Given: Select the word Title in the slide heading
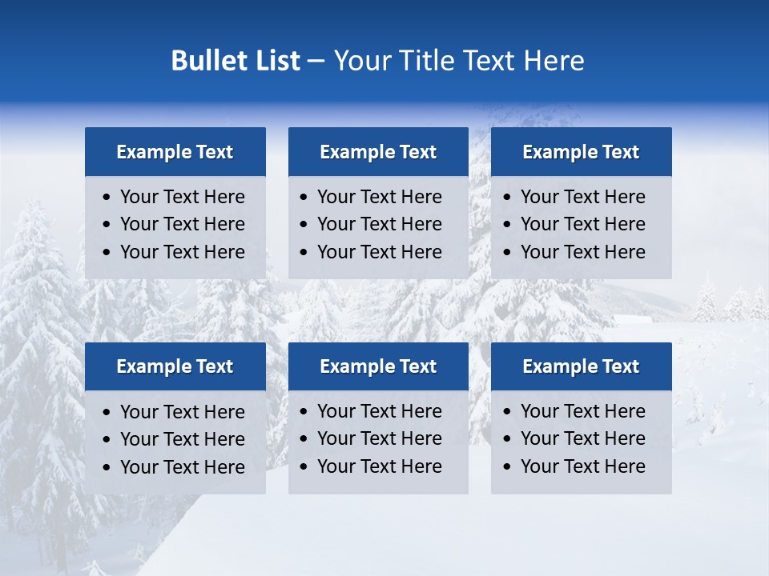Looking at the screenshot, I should pyautogui.click(x=429, y=61).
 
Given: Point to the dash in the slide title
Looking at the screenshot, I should pyautogui.click(x=316, y=62).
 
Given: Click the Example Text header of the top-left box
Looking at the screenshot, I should pyautogui.click(x=175, y=152).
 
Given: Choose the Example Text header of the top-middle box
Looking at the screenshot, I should pyautogui.click(x=378, y=152).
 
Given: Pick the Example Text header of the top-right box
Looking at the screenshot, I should pyautogui.click(x=581, y=152).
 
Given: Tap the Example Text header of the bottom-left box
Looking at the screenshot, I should pyautogui.click(x=175, y=366).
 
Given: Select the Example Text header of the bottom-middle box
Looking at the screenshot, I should pyautogui.click(x=378, y=366).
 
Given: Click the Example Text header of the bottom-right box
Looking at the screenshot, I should pyautogui.click(x=581, y=366).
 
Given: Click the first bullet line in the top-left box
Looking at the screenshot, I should pyautogui.click(x=182, y=197).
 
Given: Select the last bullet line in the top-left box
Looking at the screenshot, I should pyautogui.click(x=182, y=252).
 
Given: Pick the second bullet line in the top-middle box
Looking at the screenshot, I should pyautogui.click(x=379, y=224).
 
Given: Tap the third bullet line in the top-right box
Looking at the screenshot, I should pyautogui.click(x=582, y=252).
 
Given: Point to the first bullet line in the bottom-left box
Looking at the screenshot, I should pyautogui.click(x=182, y=412).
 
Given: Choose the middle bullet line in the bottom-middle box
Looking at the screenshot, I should pyautogui.click(x=379, y=438).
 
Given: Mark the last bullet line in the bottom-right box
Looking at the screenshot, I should pyautogui.click(x=582, y=466).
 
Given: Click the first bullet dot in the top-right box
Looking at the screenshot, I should pyautogui.click(x=507, y=198).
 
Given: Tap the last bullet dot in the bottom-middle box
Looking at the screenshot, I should pyautogui.click(x=304, y=467).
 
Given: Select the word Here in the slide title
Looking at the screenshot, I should pyautogui.click(x=554, y=61).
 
